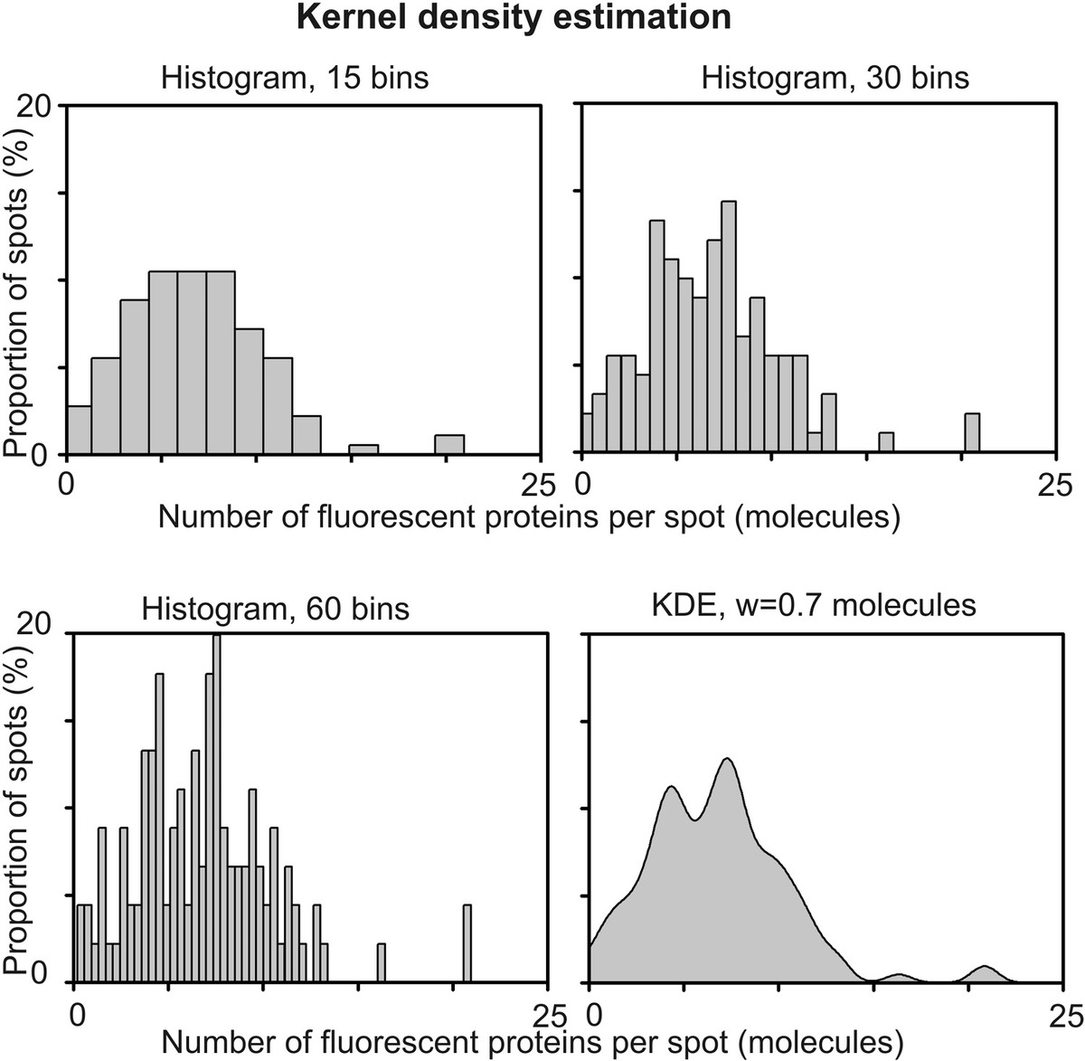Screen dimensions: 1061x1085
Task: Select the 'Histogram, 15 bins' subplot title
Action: (x=295, y=78)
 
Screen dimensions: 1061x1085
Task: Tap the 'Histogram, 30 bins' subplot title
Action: (x=835, y=78)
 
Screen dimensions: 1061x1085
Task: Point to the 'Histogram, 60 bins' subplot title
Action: (x=275, y=608)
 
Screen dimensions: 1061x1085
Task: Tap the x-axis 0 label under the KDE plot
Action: (x=590, y=1012)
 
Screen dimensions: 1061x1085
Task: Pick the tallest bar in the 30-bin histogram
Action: (x=729, y=326)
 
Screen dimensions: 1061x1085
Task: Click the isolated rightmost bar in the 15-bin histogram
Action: (x=449, y=444)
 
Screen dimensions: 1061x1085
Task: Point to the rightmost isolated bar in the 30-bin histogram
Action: (x=972, y=432)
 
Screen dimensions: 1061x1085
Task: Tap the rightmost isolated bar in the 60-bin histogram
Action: (x=467, y=943)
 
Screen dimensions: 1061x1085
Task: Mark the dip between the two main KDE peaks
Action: (x=694, y=819)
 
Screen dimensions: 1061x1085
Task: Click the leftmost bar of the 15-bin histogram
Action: (x=80, y=430)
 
